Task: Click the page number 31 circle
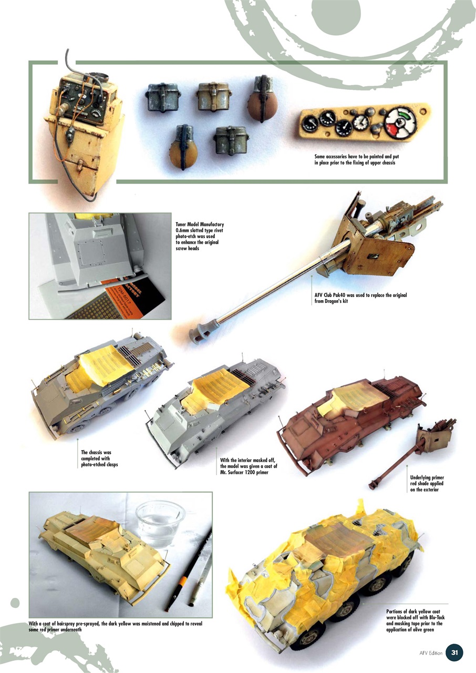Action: tap(454, 652)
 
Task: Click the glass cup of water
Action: tap(160, 522)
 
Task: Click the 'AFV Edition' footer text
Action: tap(431, 653)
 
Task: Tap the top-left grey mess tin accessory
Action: tap(162, 97)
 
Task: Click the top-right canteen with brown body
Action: tap(262, 100)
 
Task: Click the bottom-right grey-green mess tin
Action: tap(231, 140)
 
